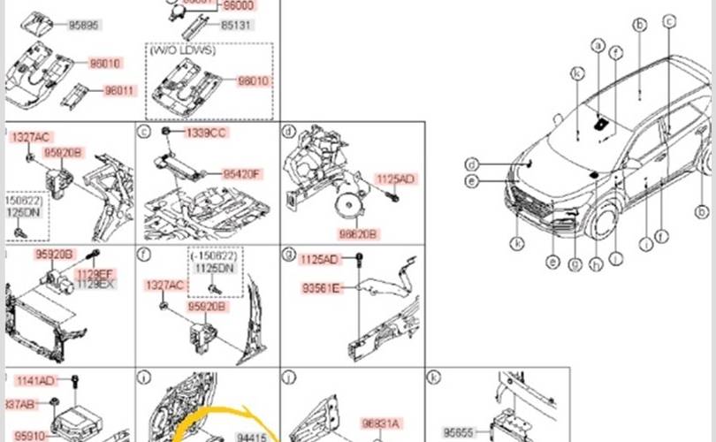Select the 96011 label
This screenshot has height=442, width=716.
click(120, 91)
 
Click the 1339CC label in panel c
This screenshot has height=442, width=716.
click(205, 133)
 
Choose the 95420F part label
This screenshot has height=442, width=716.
click(241, 174)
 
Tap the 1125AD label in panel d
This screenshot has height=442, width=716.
click(395, 179)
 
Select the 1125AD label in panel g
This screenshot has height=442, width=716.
click(318, 259)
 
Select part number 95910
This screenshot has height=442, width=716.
click(31, 435)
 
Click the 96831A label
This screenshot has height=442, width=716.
click(381, 423)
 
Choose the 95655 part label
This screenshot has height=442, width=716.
click(460, 433)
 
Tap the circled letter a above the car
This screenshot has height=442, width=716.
click(598, 45)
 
